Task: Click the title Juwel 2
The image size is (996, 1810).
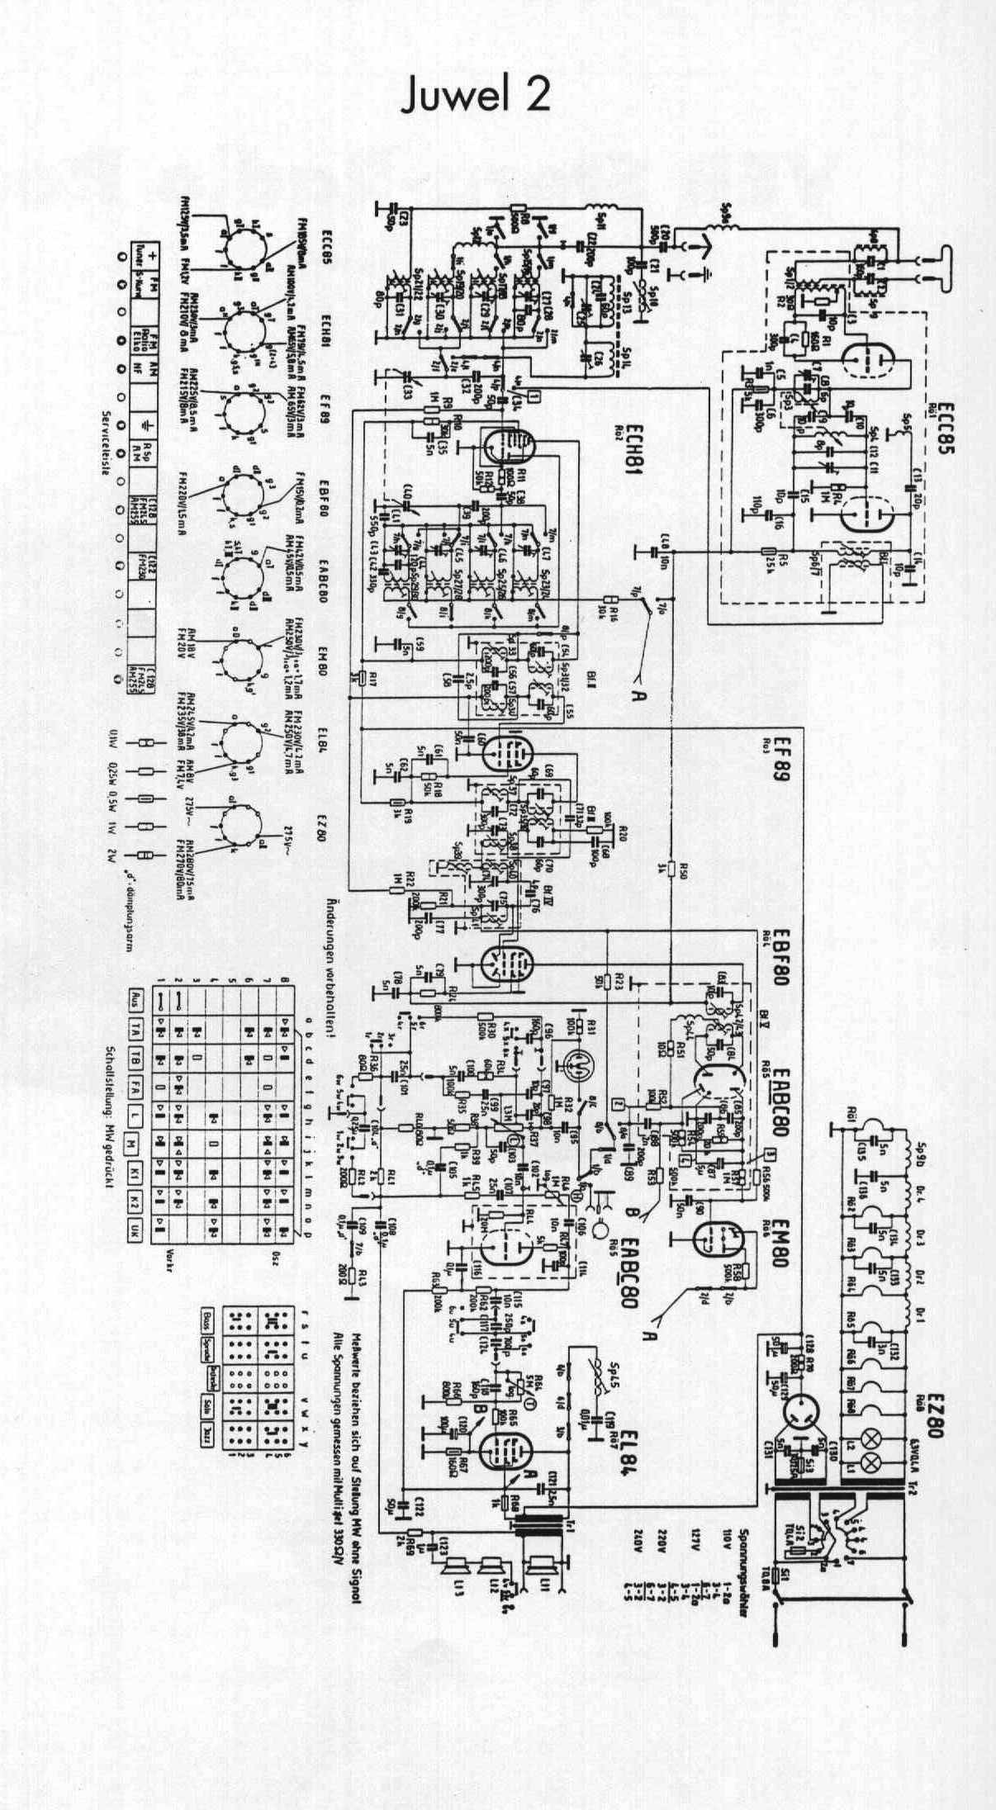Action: point(474,97)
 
